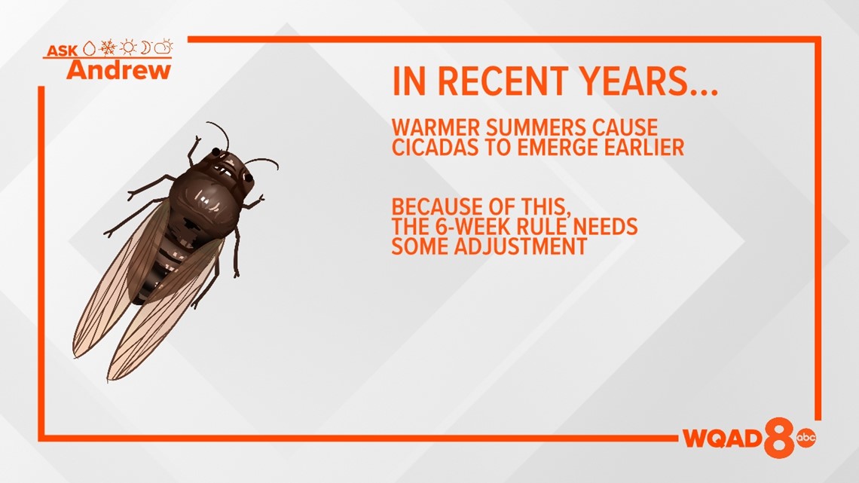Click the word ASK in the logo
click(63, 50)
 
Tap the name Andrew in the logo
click(119, 70)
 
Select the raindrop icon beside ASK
click(90, 48)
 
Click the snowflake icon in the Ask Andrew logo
click(108, 47)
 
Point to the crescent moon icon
click(145, 47)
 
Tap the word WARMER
click(436, 127)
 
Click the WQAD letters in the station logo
click(723, 438)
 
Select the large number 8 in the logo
click(779, 437)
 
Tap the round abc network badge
click(806, 437)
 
